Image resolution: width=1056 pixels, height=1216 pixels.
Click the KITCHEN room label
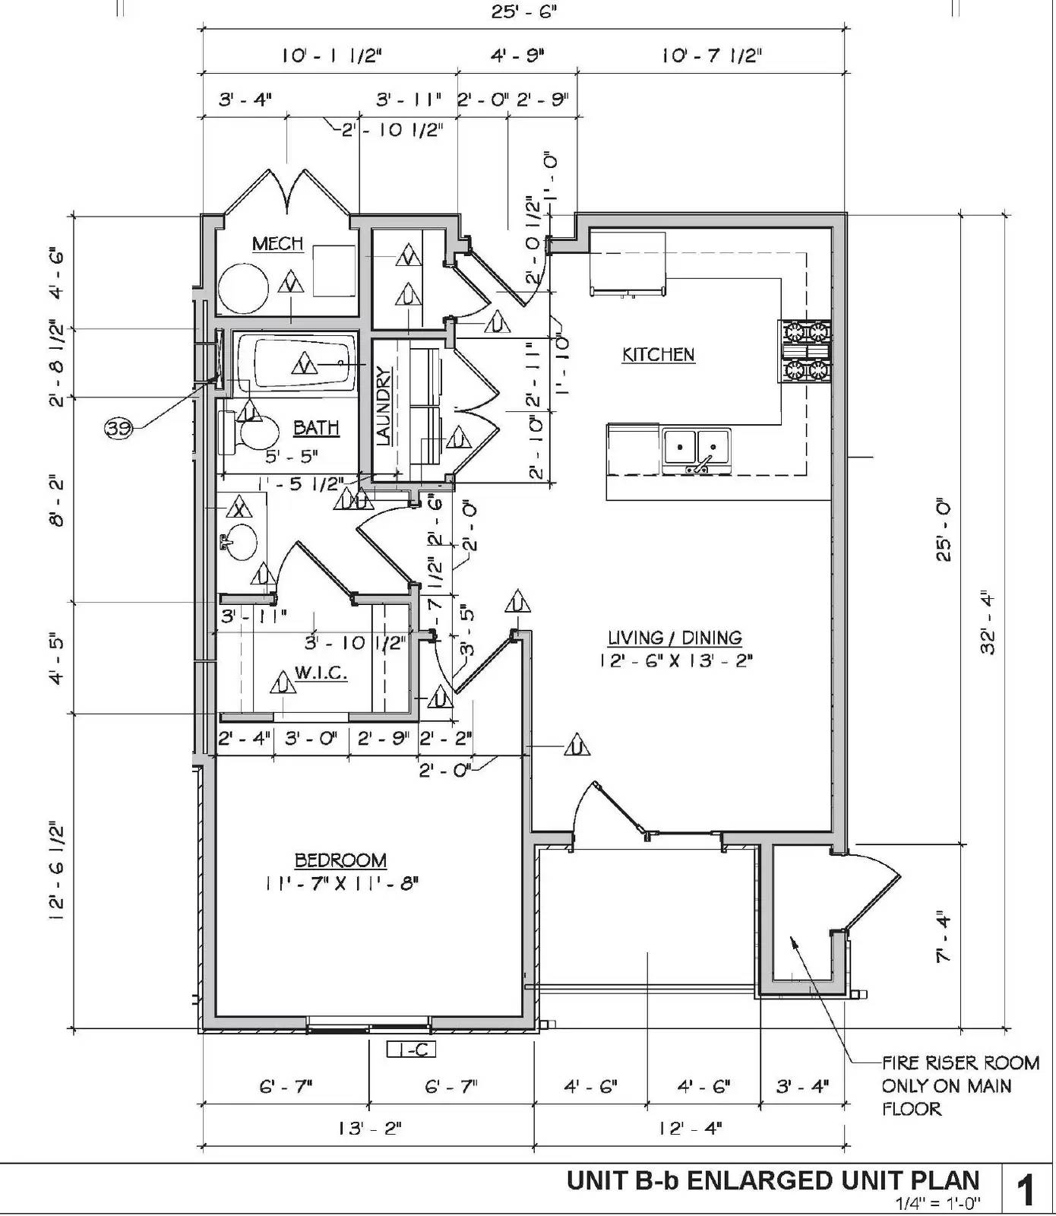pos(658,355)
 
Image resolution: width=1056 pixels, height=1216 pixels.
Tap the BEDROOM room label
pos(340,860)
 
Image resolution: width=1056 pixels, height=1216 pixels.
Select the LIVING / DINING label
pos(675,638)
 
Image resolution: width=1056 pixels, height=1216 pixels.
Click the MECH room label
pos(277,244)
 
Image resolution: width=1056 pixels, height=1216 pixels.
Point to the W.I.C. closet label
pos(321,673)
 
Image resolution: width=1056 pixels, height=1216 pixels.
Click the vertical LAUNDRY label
pos(383,406)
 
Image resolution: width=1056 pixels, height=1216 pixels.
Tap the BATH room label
pos(316,428)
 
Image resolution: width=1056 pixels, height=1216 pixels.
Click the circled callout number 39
pos(118,429)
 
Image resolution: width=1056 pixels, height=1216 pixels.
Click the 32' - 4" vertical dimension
pos(987,622)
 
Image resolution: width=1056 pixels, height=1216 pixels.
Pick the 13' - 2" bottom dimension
pos(369,1128)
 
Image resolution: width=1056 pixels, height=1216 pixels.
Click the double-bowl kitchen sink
pos(696,449)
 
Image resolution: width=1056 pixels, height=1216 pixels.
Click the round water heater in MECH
pos(243,288)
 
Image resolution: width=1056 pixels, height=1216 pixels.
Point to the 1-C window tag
pos(411,1050)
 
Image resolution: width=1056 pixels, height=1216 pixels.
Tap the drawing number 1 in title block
pos(1026,1189)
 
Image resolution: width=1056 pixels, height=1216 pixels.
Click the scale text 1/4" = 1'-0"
pos(937,1203)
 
